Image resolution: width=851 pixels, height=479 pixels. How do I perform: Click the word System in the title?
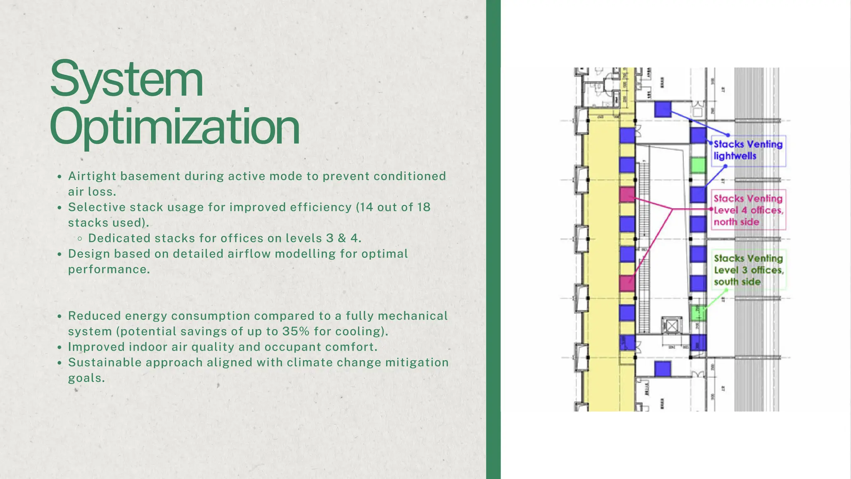coord(126,79)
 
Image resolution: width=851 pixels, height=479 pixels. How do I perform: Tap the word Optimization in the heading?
coord(175,127)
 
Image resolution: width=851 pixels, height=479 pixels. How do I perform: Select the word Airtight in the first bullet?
coord(92,176)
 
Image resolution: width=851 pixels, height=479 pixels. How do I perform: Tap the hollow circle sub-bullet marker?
coord(80,239)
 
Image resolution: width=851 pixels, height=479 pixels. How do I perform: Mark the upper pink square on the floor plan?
coord(627,195)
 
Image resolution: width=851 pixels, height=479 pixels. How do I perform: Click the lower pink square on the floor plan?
coord(627,283)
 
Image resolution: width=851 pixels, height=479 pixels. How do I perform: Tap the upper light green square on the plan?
coord(698,165)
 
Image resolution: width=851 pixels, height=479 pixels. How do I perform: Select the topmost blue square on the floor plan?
coord(663,109)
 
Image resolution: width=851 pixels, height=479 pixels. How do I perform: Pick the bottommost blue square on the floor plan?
coord(662,369)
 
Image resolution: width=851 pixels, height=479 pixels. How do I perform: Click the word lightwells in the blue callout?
coord(735,156)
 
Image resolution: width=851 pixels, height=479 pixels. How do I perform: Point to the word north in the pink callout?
coord(725,222)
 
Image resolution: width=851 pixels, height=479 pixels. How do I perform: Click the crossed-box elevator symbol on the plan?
coord(672,325)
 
